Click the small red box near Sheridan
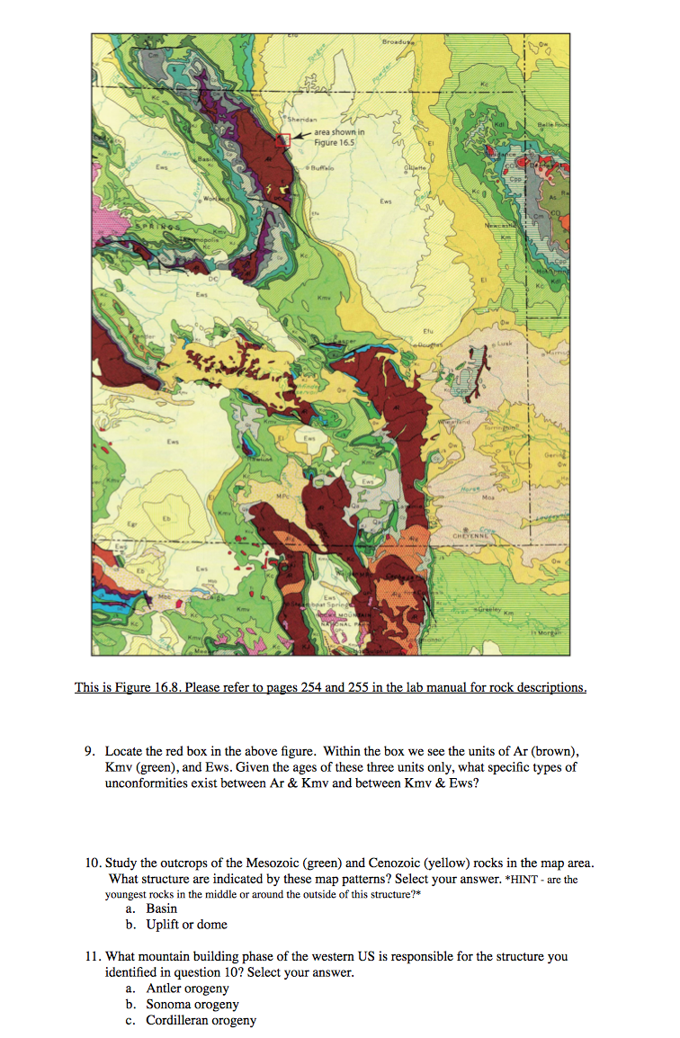click(x=283, y=139)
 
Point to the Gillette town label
click(x=416, y=167)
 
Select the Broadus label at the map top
click(x=398, y=41)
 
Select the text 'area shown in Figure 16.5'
click(x=339, y=137)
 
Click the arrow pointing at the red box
click(x=301, y=135)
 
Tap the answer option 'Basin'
click(x=162, y=908)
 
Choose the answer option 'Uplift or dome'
click(x=186, y=924)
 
